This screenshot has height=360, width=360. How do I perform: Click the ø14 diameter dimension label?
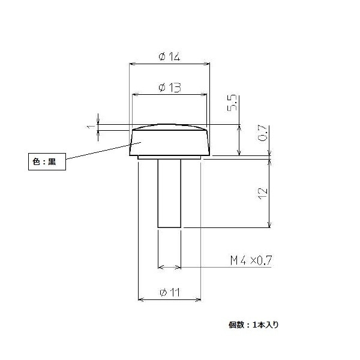[x=169, y=56]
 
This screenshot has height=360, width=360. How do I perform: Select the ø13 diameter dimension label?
[x=170, y=88]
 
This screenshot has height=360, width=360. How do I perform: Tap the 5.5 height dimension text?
[x=232, y=103]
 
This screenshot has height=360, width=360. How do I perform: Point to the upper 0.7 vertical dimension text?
[x=263, y=133]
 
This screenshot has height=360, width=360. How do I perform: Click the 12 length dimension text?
[x=263, y=194]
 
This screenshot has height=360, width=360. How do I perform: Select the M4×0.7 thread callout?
[x=251, y=260]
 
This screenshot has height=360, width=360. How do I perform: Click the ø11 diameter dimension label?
[x=170, y=292]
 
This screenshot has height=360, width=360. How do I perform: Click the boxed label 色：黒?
[x=47, y=161]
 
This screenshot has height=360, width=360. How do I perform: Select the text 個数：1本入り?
[x=253, y=325]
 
